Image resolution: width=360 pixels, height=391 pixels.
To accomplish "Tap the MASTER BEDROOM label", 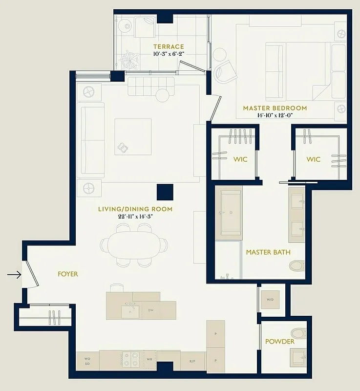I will point(275,108).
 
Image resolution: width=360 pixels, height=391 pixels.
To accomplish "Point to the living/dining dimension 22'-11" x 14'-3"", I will point(135,216).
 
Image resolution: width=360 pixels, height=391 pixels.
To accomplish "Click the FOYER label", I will point(68,274).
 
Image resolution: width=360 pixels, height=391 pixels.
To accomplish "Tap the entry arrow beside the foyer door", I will point(14,275).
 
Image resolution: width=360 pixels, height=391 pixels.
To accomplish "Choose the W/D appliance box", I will point(270,299).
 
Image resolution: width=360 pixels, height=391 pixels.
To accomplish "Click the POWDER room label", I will point(280,341).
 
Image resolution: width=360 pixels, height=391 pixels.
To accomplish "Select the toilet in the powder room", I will point(298,333).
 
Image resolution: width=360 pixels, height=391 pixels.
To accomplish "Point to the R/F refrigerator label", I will point(192,361).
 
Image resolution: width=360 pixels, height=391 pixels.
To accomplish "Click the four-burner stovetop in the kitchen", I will point(131,360).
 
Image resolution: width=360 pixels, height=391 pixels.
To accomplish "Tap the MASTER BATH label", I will point(268,252).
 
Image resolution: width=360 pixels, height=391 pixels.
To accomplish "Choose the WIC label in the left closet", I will point(240,159).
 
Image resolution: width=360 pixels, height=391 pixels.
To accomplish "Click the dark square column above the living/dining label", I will point(165,192).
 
